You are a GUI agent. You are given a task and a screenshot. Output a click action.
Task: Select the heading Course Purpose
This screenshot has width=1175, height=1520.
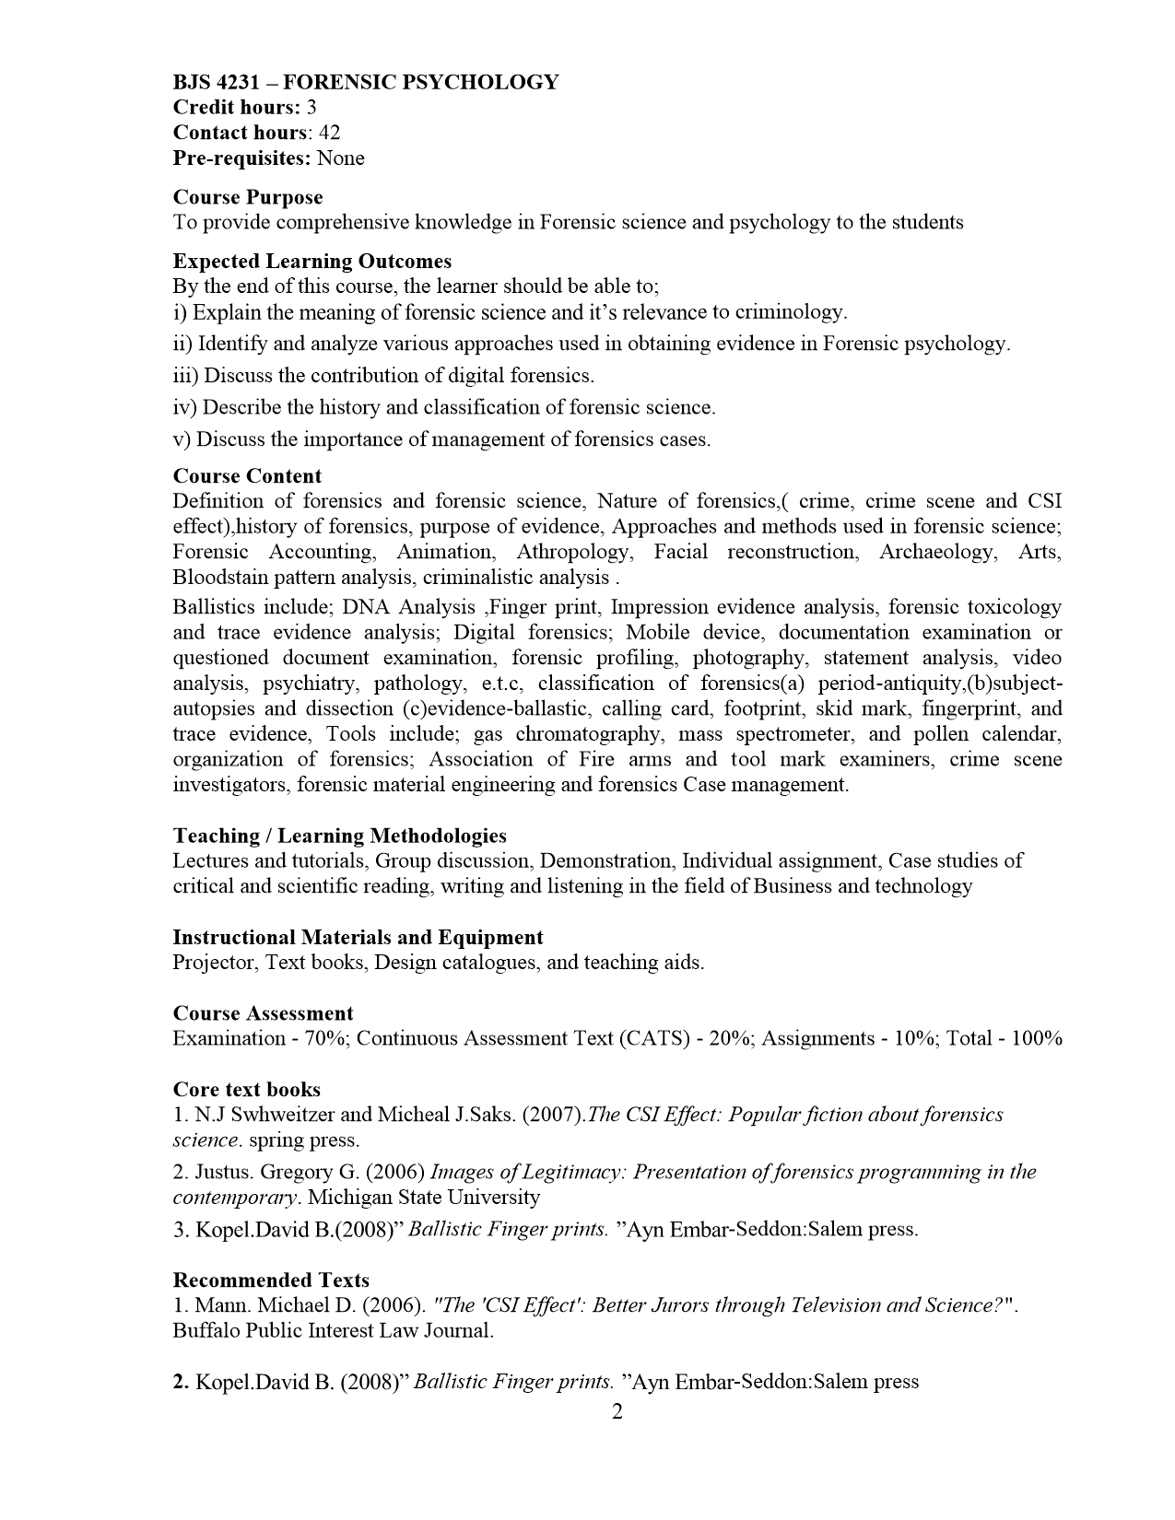tap(248, 197)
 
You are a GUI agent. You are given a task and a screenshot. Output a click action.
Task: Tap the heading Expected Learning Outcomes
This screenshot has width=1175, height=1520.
tap(312, 262)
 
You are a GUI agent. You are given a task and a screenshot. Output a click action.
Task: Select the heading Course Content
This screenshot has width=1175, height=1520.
tap(247, 476)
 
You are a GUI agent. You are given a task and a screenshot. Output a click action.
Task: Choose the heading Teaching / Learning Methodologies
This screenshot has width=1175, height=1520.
tap(339, 836)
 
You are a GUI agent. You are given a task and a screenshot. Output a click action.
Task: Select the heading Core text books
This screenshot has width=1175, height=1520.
tap(246, 1090)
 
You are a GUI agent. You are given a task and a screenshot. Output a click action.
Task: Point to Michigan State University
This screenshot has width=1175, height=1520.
tap(424, 1198)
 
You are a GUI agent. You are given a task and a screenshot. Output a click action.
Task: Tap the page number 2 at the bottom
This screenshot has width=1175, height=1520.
tap(617, 1412)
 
